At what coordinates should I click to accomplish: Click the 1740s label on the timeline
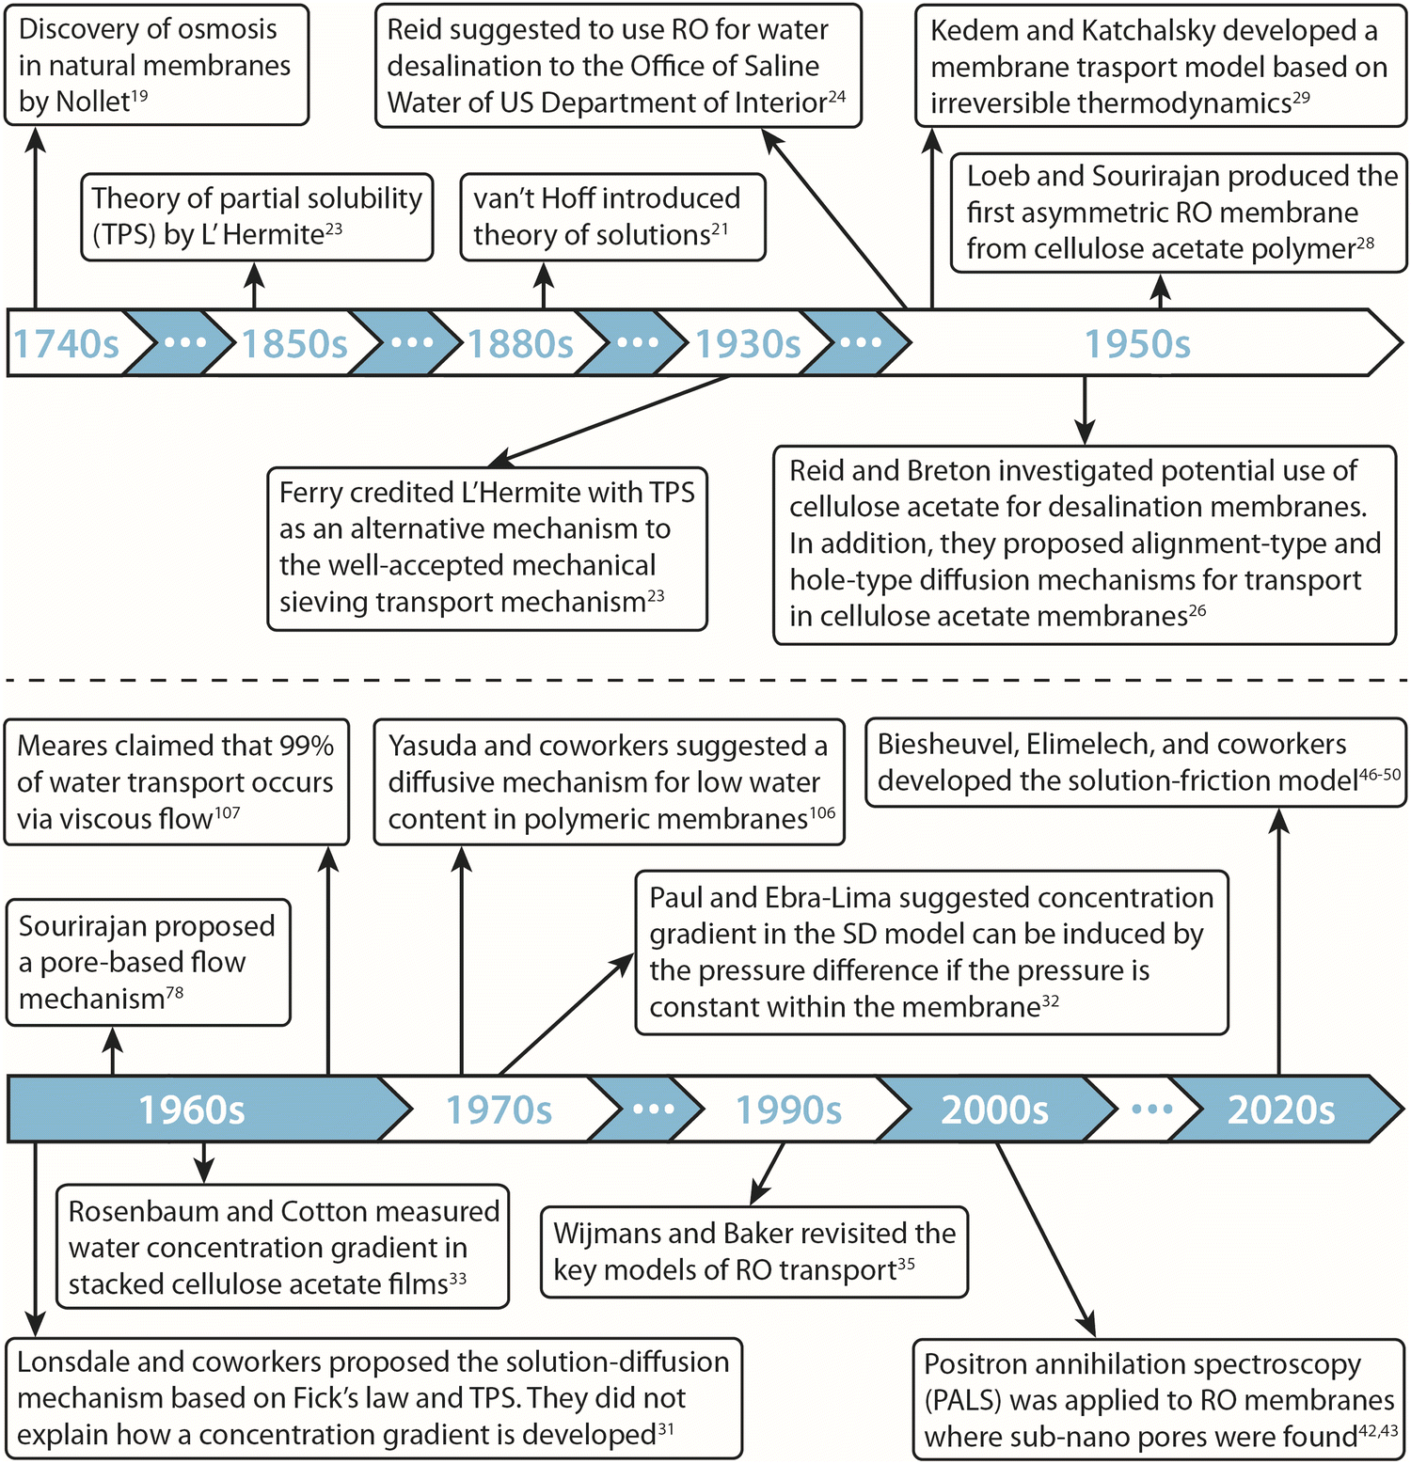[66, 344]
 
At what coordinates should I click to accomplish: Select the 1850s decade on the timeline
[294, 344]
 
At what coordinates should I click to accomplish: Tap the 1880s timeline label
[520, 344]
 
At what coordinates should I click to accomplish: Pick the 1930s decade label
[748, 344]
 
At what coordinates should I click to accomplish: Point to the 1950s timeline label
[1137, 344]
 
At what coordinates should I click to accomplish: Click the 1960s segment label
[192, 1110]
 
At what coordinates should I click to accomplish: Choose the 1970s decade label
[499, 1110]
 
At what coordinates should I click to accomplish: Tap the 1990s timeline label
[788, 1110]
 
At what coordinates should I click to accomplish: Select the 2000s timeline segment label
[994, 1110]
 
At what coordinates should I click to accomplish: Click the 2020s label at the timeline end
[1281, 1110]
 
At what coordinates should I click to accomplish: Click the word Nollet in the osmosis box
[91, 102]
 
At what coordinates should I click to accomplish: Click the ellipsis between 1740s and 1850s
[184, 342]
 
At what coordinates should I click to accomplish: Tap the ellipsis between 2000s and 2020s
[1152, 1110]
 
